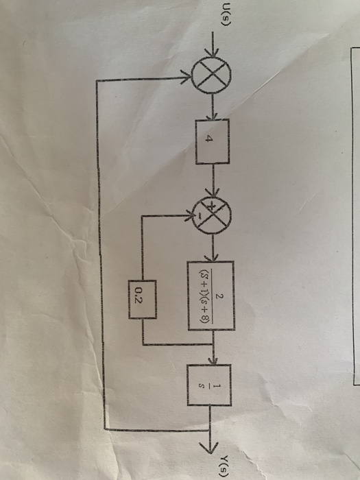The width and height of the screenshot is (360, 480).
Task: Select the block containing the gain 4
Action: [x=213, y=141]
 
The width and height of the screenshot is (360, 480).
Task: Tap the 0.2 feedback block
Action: [x=143, y=300]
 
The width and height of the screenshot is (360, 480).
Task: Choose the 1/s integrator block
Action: [x=209, y=385]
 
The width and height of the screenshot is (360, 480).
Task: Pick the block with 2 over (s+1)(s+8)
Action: [x=211, y=296]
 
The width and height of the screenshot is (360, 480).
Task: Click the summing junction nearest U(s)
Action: [x=211, y=74]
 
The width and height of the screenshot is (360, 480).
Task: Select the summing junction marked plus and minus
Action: [x=211, y=215]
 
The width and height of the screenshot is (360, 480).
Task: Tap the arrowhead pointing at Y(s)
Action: [x=210, y=447]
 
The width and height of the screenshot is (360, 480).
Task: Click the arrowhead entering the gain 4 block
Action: [x=213, y=116]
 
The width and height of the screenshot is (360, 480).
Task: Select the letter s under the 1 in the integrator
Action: [x=201, y=386]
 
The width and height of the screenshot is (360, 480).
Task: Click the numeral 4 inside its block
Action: [x=208, y=139]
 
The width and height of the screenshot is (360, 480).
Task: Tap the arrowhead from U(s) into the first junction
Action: [x=213, y=51]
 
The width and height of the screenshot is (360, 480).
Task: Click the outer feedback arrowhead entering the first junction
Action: [x=186, y=77]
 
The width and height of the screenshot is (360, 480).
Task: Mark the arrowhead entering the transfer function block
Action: [x=212, y=257]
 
